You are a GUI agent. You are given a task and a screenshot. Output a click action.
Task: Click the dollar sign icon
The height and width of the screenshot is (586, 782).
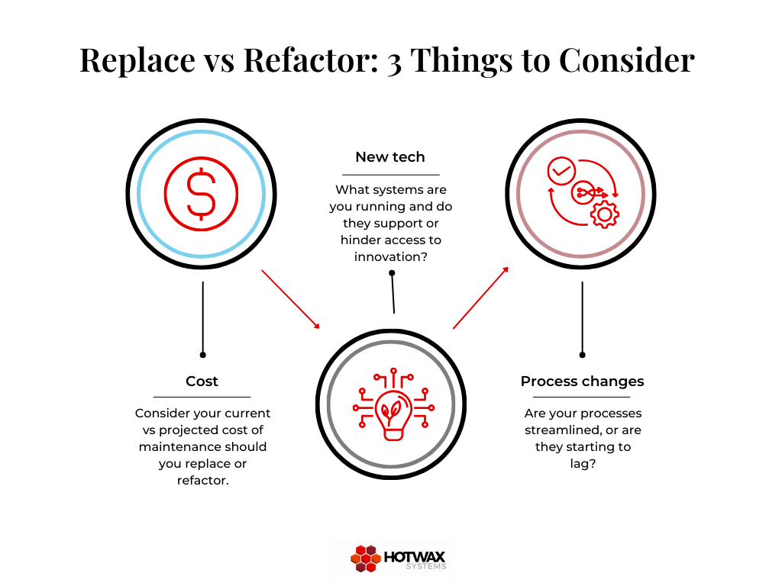[x=201, y=194]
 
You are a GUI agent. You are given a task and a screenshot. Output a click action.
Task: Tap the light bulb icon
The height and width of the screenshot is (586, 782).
[x=393, y=404]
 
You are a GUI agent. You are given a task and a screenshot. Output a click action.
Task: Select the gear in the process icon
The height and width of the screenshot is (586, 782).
[x=605, y=214]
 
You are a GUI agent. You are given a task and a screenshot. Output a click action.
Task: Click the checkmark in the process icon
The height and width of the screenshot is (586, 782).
[x=561, y=171]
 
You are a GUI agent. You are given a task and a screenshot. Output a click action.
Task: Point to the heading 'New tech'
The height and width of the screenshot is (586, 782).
[x=390, y=157]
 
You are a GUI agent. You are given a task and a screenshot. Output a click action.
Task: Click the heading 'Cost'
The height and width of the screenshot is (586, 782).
[x=202, y=382]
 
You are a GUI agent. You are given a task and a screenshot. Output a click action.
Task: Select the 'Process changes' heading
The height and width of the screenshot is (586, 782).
[x=582, y=382]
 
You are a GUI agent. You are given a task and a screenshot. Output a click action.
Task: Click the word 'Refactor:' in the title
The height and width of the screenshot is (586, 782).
[x=311, y=60]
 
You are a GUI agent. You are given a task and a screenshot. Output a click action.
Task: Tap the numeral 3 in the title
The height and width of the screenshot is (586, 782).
[x=394, y=63]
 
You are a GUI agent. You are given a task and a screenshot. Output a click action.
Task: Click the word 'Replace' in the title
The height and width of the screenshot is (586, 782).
[x=137, y=61]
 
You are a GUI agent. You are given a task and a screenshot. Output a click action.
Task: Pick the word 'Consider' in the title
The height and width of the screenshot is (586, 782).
[x=627, y=60]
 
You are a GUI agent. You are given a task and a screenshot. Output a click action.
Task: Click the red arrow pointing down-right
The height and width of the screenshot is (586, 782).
[x=291, y=299]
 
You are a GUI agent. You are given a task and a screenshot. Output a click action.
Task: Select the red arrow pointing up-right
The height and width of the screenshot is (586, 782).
[x=481, y=298]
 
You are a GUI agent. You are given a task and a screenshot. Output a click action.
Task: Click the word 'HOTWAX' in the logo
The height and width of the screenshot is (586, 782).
[x=415, y=556]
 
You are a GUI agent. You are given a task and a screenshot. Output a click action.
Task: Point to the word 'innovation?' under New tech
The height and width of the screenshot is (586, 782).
[x=390, y=256]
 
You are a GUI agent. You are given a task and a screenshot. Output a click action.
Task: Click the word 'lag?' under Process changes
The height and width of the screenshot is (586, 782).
[x=583, y=463]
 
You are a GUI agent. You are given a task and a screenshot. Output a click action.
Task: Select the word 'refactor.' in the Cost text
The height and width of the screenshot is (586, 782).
[x=202, y=481]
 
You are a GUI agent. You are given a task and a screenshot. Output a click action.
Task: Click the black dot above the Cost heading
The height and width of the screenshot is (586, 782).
[x=202, y=355]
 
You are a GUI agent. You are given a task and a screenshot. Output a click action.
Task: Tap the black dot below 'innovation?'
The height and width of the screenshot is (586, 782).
[x=392, y=272]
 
